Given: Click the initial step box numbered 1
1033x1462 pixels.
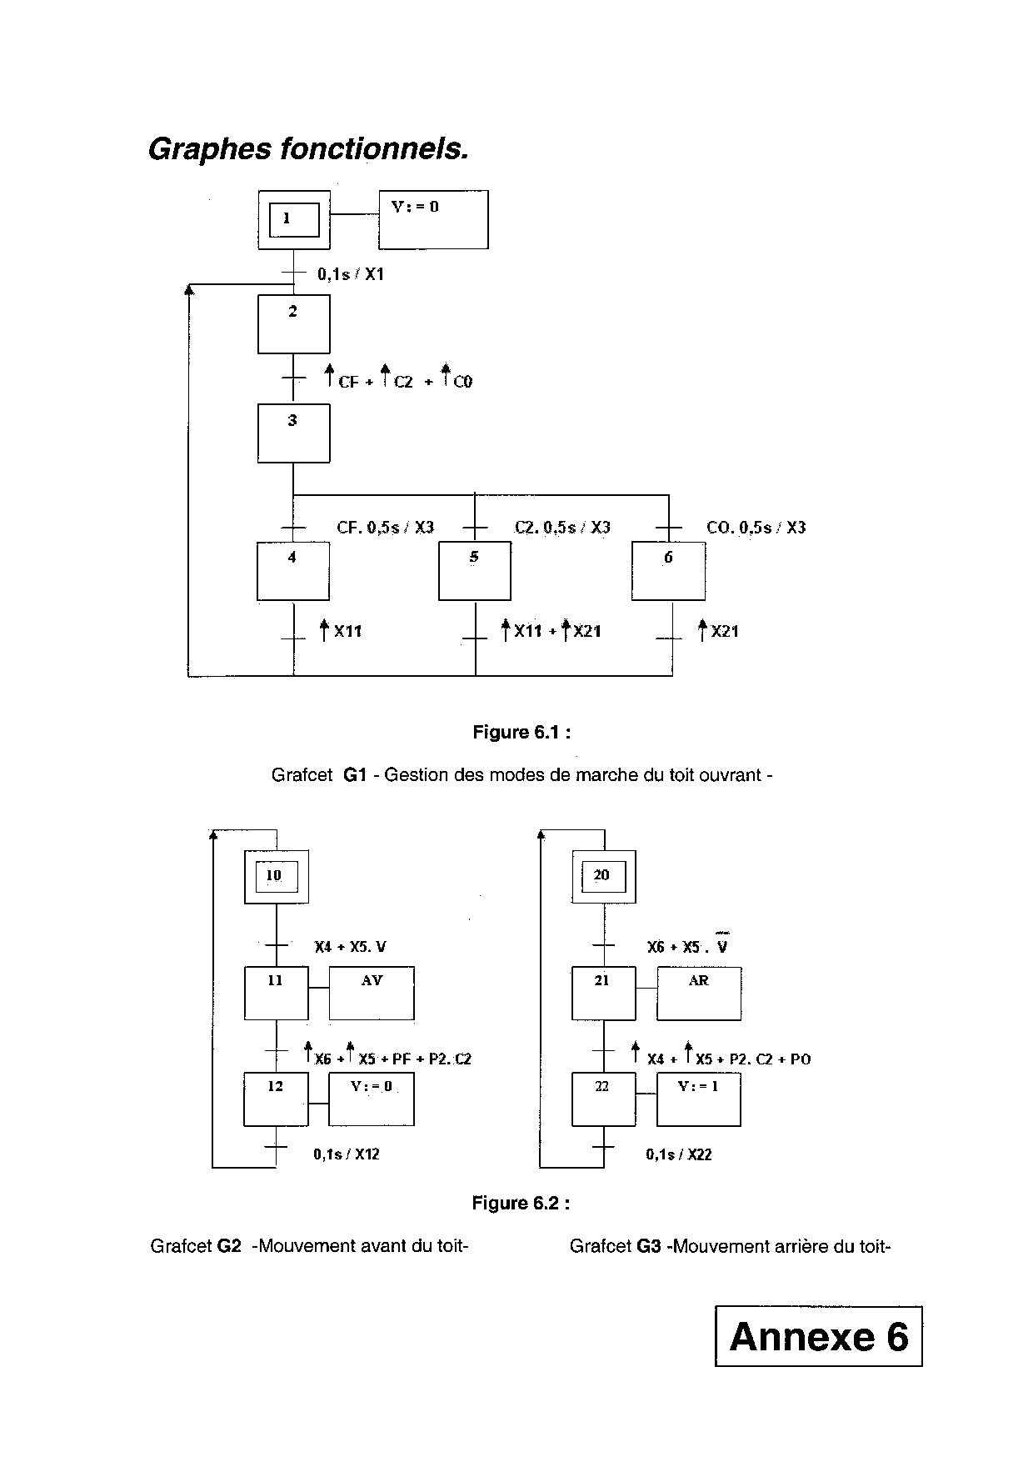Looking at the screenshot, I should (x=293, y=220).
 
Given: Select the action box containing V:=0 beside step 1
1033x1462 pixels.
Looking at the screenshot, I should (x=433, y=220).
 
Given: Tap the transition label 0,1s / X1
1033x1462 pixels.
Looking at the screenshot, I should (x=351, y=274).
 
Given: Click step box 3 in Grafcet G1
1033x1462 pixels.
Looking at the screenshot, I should (x=293, y=433).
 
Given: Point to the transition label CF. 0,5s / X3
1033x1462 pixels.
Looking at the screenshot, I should (x=385, y=528).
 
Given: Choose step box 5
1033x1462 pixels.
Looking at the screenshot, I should (x=475, y=571).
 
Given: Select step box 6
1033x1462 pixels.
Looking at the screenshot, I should (x=668, y=571).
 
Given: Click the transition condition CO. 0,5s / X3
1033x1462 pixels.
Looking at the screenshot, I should (x=756, y=528).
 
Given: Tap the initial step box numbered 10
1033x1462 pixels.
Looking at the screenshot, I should (x=276, y=876).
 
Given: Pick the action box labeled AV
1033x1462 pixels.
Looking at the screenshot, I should (x=372, y=993).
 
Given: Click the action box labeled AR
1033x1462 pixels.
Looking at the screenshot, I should (x=699, y=993).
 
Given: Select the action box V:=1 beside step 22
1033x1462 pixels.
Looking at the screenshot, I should (x=699, y=1099).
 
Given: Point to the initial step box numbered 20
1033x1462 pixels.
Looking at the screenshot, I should (x=603, y=876).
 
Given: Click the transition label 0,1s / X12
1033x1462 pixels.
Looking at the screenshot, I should (x=347, y=1154).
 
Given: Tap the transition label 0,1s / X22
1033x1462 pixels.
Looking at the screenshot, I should (x=679, y=1154).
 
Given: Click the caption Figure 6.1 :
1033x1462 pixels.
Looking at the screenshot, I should (x=521, y=733).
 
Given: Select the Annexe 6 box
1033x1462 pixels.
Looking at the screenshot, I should (x=818, y=1336).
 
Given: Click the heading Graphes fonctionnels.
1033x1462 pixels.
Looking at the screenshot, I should (x=308, y=149).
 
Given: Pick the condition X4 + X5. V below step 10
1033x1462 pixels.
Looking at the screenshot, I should (x=350, y=947).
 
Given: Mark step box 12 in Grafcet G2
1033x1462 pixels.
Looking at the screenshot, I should (x=276, y=1099).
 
